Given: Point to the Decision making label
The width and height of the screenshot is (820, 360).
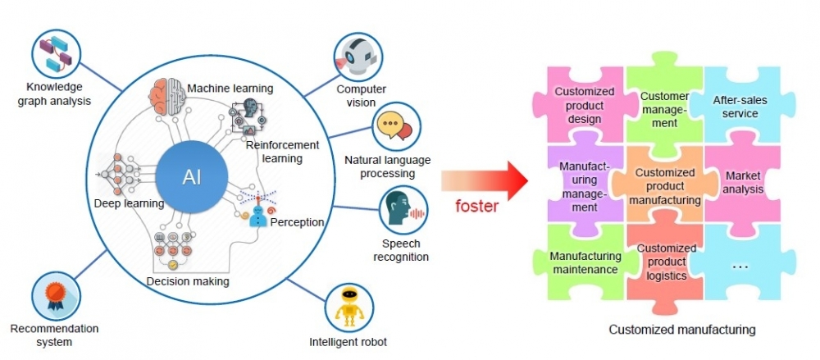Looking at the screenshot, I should (187, 282).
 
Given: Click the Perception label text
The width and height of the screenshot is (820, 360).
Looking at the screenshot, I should (297, 222).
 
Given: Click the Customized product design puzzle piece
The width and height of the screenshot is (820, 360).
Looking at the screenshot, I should (584, 106).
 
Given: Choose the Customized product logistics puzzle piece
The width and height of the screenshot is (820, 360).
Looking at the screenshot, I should (666, 262).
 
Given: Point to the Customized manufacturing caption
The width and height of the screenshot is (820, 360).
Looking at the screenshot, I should (681, 330).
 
